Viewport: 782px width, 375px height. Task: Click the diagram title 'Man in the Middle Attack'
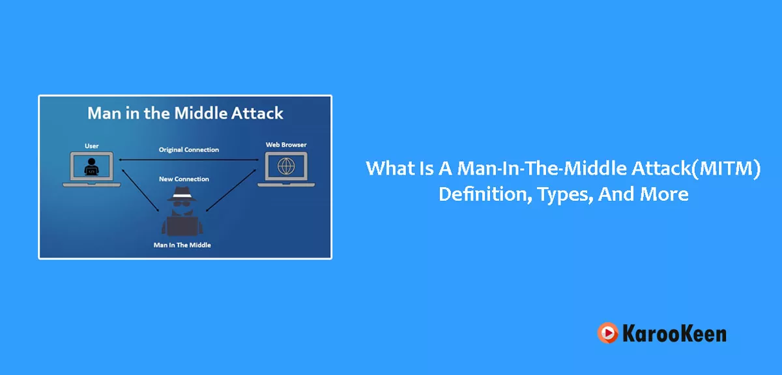click(x=185, y=113)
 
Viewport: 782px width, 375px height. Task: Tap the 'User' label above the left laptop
click(x=92, y=146)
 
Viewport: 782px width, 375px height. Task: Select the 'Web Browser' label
click(x=286, y=145)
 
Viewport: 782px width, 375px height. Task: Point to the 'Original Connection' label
click(x=189, y=150)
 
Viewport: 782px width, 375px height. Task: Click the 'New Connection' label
click(x=184, y=179)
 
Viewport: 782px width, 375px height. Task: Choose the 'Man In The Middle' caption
click(x=182, y=245)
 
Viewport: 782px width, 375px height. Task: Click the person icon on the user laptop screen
click(x=91, y=167)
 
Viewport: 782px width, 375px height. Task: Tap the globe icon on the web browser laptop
click(x=286, y=166)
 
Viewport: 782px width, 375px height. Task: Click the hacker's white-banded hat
click(x=182, y=194)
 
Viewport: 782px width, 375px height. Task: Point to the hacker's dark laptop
click(x=182, y=226)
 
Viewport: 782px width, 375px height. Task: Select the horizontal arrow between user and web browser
click(x=188, y=160)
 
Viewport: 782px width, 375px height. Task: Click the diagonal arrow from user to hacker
click(x=140, y=190)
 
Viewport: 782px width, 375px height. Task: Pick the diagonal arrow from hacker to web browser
click(x=231, y=190)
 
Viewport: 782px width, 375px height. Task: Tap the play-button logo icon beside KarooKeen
click(x=608, y=333)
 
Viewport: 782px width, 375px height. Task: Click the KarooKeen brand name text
click(x=674, y=333)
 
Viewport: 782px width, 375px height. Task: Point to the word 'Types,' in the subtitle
click(x=565, y=195)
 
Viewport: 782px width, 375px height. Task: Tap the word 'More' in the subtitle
click(x=664, y=194)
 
